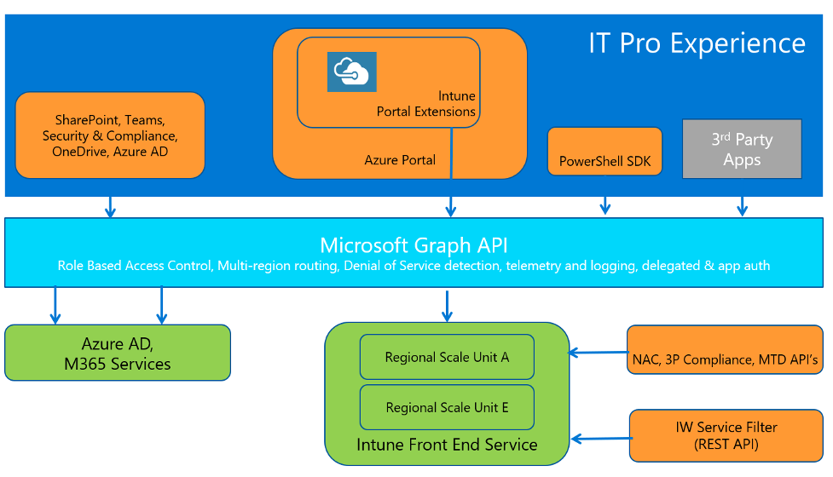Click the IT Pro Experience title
click(x=697, y=43)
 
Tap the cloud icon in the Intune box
click(x=351, y=72)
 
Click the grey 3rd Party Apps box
click(x=742, y=149)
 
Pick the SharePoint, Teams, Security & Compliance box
click(x=110, y=135)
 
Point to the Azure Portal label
click(x=400, y=159)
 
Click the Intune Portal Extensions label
click(x=426, y=104)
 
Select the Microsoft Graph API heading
click(x=414, y=245)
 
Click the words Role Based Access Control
click(x=135, y=266)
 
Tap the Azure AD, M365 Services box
click(x=118, y=353)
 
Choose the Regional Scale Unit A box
click(x=447, y=357)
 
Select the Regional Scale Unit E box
click(x=447, y=407)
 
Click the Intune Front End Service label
click(x=447, y=445)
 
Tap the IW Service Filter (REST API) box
click(x=726, y=434)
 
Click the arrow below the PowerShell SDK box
click(x=605, y=204)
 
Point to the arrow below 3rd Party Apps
click(x=742, y=204)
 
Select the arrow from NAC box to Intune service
click(x=598, y=351)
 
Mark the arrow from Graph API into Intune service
click(x=446, y=306)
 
